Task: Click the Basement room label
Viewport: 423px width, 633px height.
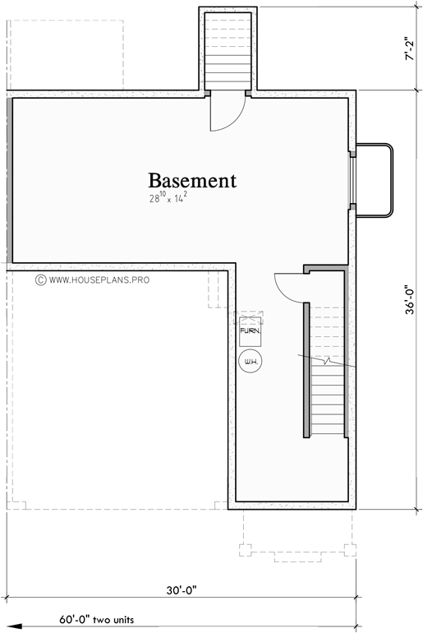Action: coord(192,180)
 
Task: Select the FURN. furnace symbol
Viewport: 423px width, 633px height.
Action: coord(250,331)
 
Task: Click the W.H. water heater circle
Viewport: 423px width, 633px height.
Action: coord(250,359)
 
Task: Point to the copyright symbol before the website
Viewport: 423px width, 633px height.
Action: coord(39,280)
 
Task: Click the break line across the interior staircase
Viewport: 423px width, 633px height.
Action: coord(329,361)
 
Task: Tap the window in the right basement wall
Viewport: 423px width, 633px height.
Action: coord(352,180)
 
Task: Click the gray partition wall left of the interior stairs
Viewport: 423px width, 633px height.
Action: coord(306,370)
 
